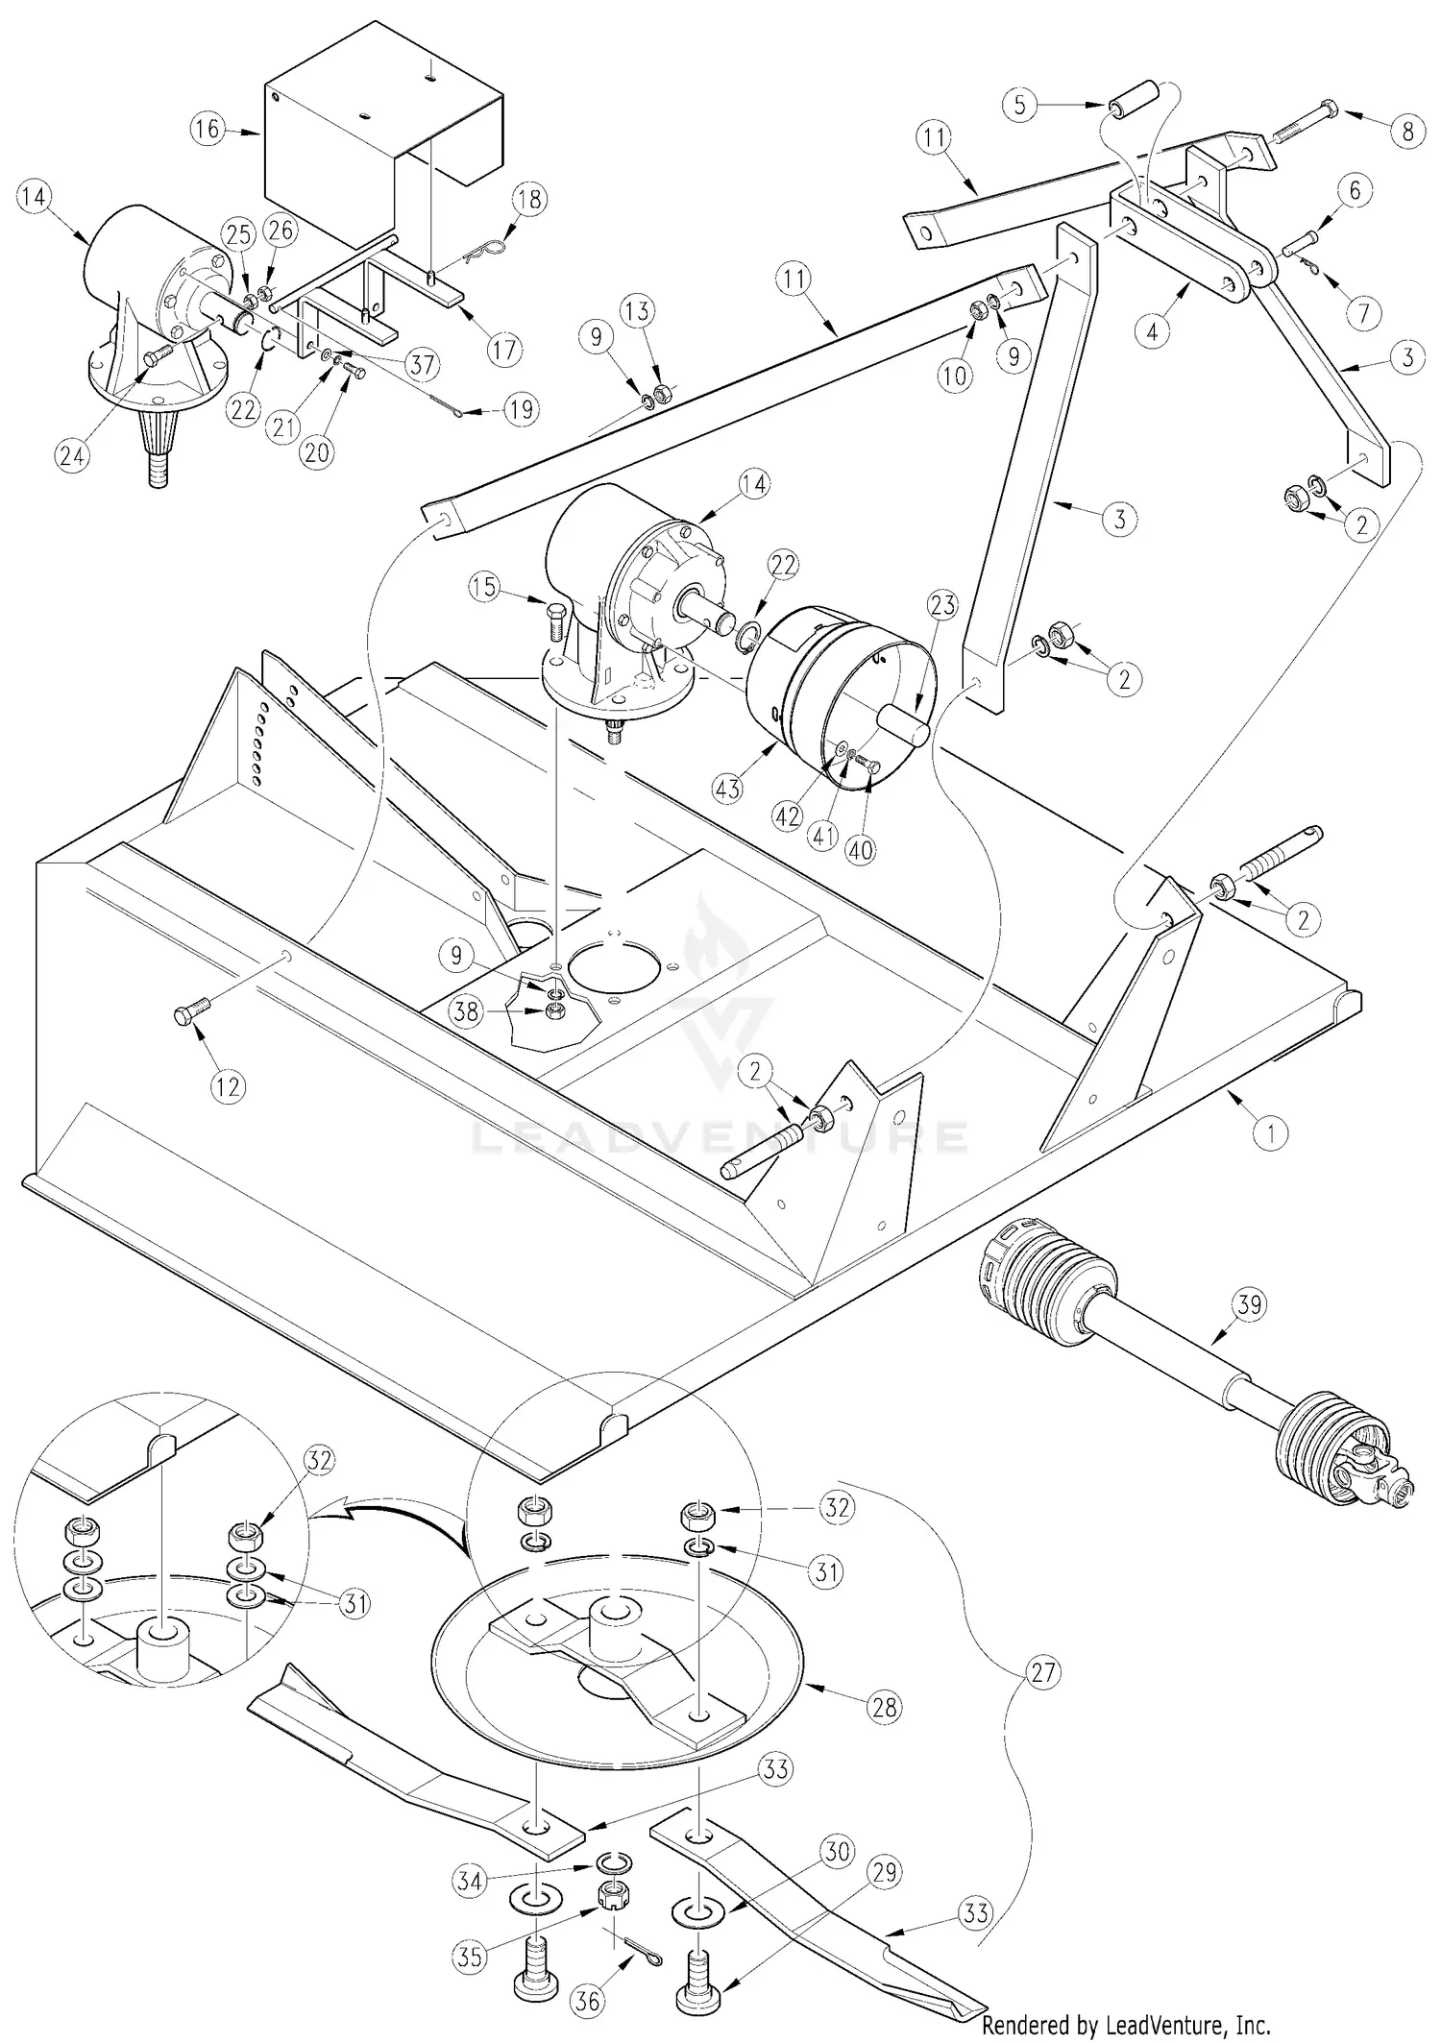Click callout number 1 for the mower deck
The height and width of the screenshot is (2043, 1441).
pyautogui.click(x=1271, y=1133)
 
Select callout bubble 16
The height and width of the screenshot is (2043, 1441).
pyautogui.click(x=208, y=128)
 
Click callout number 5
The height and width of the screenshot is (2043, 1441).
pyautogui.click(x=1022, y=104)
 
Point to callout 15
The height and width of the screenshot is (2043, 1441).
pyautogui.click(x=486, y=586)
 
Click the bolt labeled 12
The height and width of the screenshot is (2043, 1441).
pyautogui.click(x=188, y=1013)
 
